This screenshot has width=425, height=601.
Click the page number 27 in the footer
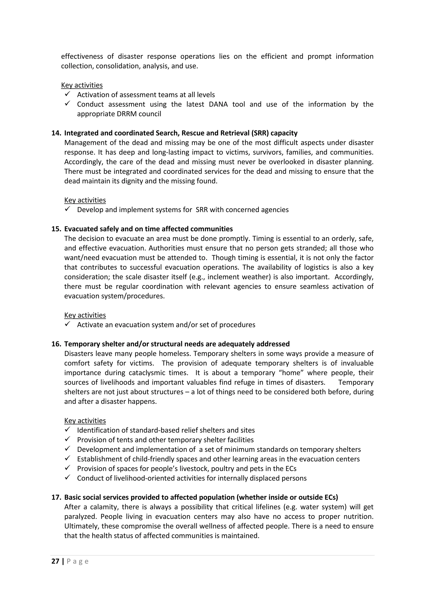[55, 561]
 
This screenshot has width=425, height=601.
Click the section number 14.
[56, 133]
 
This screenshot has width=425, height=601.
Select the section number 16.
[56, 344]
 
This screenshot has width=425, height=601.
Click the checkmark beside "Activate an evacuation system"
[67, 324]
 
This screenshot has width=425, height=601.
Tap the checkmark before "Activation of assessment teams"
[67, 94]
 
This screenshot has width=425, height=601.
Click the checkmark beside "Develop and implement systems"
[67, 209]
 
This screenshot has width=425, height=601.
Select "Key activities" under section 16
[85, 420]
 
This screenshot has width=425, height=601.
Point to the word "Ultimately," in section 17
[81, 526]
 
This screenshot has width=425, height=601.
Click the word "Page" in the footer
[78, 561]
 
